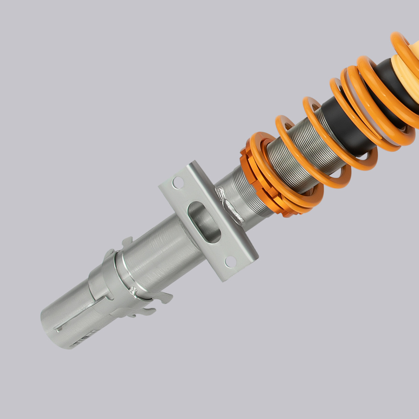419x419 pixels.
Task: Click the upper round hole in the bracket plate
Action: tap(178, 183)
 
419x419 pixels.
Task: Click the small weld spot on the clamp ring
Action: tap(134, 290)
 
